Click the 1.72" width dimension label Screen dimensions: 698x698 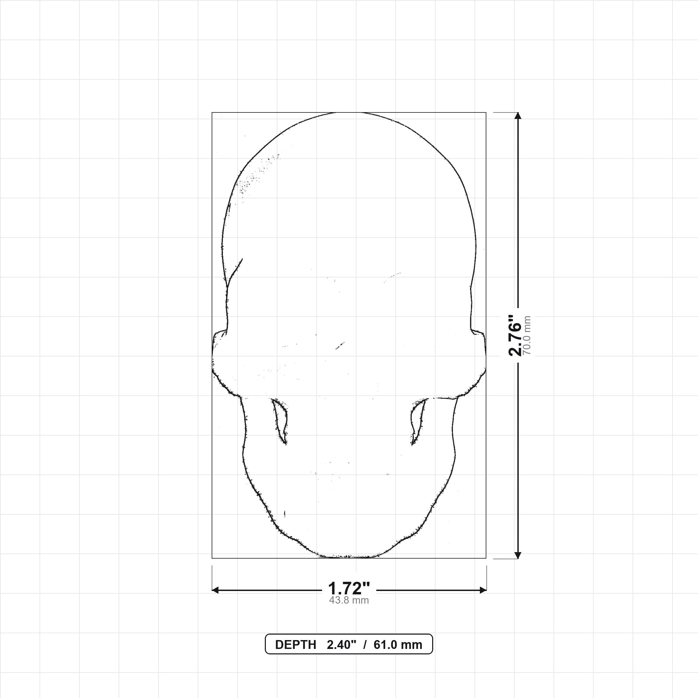coord(349,589)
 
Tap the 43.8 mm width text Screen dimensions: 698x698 coord(349,601)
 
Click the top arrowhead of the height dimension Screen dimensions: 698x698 coord(518,116)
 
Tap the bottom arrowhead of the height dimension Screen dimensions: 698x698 coord(518,555)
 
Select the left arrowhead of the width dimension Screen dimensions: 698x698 coord(215,590)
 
